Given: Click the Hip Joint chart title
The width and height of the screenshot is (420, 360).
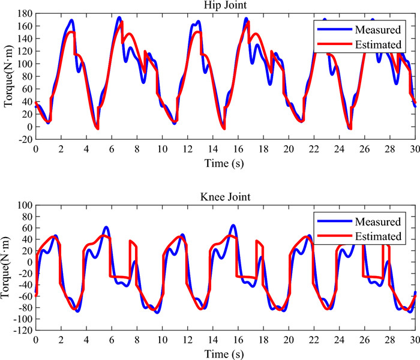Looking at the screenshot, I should click(x=224, y=5).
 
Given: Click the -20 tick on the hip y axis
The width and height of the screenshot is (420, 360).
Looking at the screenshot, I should click(x=24, y=139).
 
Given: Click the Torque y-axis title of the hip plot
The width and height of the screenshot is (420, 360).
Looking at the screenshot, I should click(x=8, y=77).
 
